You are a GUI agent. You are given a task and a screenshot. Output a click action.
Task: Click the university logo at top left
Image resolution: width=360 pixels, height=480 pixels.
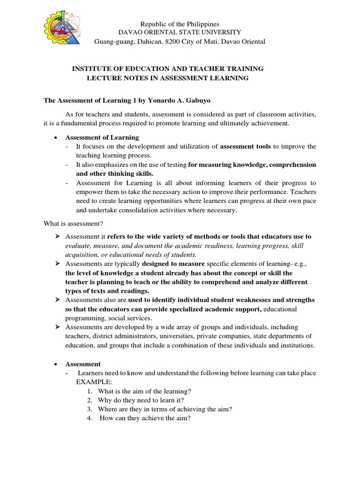tap(65, 28)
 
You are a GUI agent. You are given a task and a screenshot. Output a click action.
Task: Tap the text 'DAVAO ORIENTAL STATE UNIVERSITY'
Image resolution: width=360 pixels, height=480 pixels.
tap(180, 32)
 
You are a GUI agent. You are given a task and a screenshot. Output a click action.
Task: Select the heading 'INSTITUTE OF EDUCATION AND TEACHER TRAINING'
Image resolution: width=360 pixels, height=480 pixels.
tap(167, 69)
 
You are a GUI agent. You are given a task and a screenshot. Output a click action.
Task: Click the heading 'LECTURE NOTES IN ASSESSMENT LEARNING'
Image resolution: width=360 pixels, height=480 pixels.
tap(167, 78)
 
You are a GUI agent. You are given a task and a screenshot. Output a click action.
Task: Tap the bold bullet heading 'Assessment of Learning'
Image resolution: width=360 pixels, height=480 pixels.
tap(102, 137)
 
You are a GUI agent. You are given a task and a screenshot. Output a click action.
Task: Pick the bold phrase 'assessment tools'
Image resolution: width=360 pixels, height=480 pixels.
tap(245, 146)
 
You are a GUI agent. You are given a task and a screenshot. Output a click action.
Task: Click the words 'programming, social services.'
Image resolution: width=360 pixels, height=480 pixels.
tap(105, 317)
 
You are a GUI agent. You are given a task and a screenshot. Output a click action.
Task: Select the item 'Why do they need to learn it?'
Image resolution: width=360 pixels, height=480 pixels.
tap(141, 400)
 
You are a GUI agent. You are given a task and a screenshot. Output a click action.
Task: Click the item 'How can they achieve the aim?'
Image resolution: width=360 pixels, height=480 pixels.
tap(145, 418)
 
